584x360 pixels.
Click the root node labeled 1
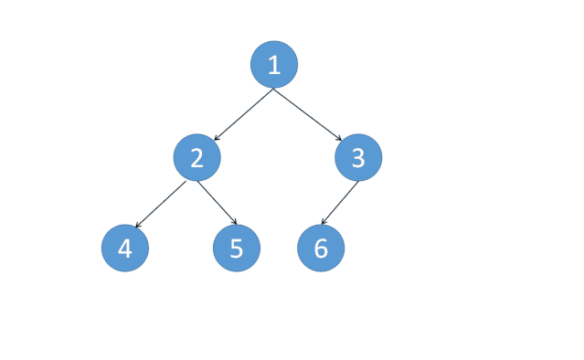(x=274, y=64)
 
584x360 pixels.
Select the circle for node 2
(x=196, y=158)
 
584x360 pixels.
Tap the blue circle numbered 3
(x=358, y=158)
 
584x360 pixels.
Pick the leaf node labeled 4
(x=125, y=249)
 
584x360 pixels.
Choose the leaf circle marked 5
(x=237, y=249)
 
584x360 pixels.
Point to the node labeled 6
(x=321, y=249)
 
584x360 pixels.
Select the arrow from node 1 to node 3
(x=309, y=113)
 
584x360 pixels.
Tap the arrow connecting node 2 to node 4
(x=161, y=204)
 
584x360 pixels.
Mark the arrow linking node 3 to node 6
(x=339, y=204)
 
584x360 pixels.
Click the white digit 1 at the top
(x=274, y=64)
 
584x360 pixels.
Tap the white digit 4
(x=125, y=249)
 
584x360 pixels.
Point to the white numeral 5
(x=237, y=249)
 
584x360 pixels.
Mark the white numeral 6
(x=321, y=249)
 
